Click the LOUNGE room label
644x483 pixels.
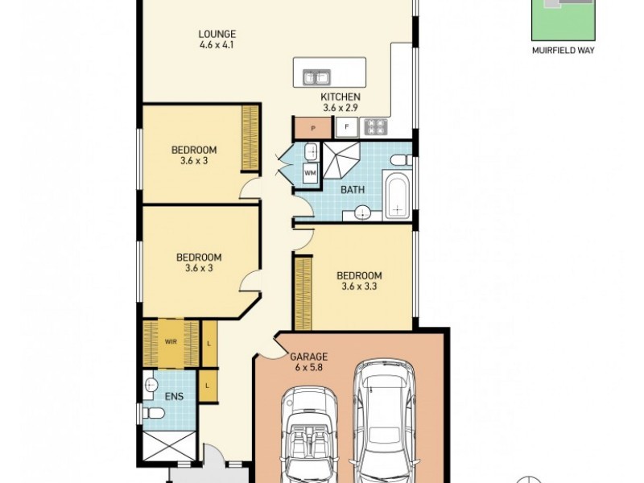point(217,34)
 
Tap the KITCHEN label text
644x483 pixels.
point(340,97)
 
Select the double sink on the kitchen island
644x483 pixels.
point(316,77)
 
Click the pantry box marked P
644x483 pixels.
point(312,126)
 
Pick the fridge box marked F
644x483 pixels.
point(347,126)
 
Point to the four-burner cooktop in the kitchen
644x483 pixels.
point(376,126)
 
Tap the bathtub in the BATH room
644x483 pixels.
point(396,195)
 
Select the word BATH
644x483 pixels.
point(353,190)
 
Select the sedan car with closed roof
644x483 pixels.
point(383,423)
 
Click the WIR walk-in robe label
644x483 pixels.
point(171,341)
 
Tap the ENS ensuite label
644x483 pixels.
point(175,397)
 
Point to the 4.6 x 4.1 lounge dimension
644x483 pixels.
point(217,46)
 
